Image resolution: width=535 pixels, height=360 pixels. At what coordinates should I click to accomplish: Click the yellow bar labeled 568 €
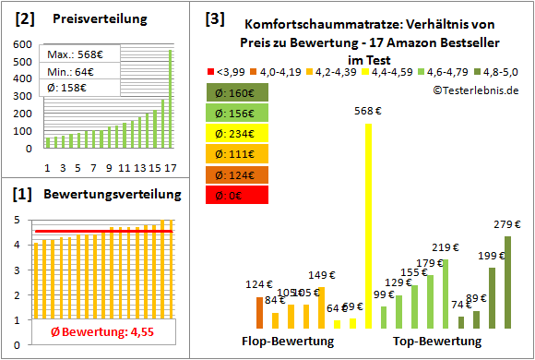tap(369, 226)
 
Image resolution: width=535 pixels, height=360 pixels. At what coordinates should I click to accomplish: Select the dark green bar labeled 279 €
tap(506, 282)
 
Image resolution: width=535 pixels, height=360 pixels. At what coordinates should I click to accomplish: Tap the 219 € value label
tap(446, 247)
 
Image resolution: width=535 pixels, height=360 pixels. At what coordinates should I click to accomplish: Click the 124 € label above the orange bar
tap(259, 284)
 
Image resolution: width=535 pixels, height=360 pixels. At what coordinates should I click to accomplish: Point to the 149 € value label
tap(321, 274)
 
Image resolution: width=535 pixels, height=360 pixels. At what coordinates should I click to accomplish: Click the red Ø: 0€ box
tap(238, 194)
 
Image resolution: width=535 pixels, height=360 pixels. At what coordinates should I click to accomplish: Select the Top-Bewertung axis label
tap(437, 342)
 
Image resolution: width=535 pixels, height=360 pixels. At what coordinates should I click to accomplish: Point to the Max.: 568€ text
tap(77, 55)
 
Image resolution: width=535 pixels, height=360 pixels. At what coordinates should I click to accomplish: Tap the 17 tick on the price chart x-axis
tap(170, 168)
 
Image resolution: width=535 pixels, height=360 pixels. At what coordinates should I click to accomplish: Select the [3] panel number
tap(216, 18)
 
